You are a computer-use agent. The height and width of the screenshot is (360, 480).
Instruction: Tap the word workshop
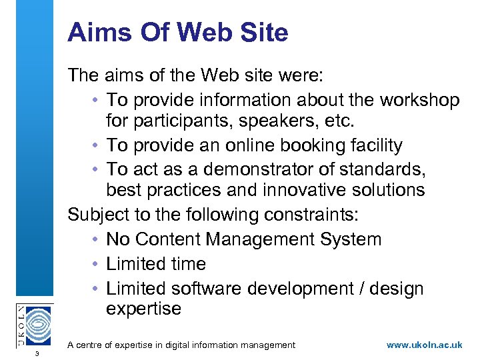click(419, 100)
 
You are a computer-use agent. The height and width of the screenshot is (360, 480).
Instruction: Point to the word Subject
click(100, 215)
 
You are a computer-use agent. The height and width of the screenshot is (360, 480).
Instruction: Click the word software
click(211, 289)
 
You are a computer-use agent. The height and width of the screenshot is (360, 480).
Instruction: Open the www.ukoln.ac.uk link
click(425, 345)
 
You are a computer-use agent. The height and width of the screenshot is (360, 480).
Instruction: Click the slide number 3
click(37, 353)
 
